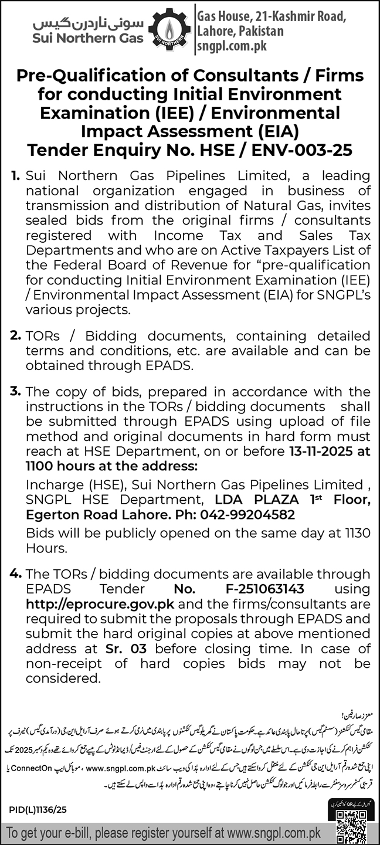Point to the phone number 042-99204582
pyautogui.click(x=247, y=514)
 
